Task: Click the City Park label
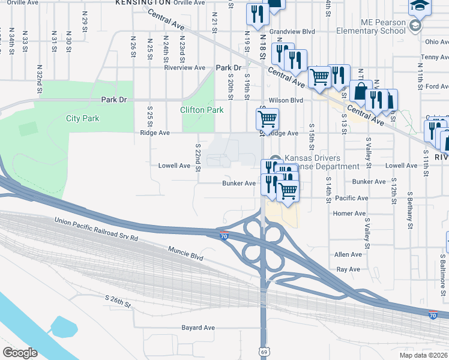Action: click(x=83, y=119)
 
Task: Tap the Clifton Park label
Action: click(x=202, y=110)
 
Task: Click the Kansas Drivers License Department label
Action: click(x=315, y=162)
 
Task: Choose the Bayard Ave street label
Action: click(x=198, y=328)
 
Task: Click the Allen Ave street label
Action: click(x=348, y=254)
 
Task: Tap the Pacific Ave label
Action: click(x=352, y=198)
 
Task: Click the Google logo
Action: click(x=20, y=353)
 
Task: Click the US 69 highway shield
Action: click(x=264, y=350)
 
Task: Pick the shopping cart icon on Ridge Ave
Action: click(x=268, y=119)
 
